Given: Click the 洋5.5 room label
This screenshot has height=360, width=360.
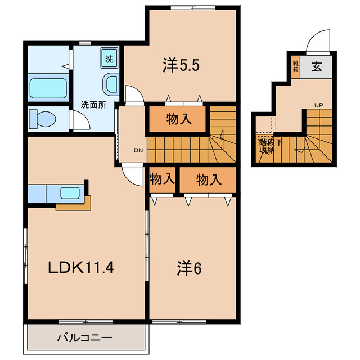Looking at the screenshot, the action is tap(181, 65).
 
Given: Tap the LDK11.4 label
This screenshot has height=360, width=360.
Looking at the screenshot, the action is tap(81, 268).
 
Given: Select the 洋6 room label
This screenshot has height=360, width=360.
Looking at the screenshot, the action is tap(189, 268).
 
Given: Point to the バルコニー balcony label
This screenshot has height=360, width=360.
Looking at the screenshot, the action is tap(85, 337).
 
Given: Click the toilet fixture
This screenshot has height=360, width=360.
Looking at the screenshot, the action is tap(43, 119).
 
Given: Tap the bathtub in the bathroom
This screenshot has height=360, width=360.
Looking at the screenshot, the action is tap(48, 88).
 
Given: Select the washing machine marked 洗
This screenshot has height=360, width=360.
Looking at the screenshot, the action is tap(109, 58).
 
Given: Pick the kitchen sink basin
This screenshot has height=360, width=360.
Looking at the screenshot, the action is tap(70, 193).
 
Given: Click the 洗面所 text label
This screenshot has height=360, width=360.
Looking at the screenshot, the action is tap(94, 105).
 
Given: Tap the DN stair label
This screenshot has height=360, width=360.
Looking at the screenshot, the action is tap(138, 150).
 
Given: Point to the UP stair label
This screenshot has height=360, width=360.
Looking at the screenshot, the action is tap(319, 105).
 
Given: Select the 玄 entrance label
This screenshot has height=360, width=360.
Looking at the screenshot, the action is tap(317, 66).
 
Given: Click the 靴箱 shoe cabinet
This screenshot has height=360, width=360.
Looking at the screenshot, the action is tap(295, 66).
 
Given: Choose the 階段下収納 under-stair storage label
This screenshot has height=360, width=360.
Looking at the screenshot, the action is tap(271, 146).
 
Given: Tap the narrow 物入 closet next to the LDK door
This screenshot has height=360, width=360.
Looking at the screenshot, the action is tap(162, 179).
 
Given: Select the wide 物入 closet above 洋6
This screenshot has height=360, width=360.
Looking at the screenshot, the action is tap(208, 179).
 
